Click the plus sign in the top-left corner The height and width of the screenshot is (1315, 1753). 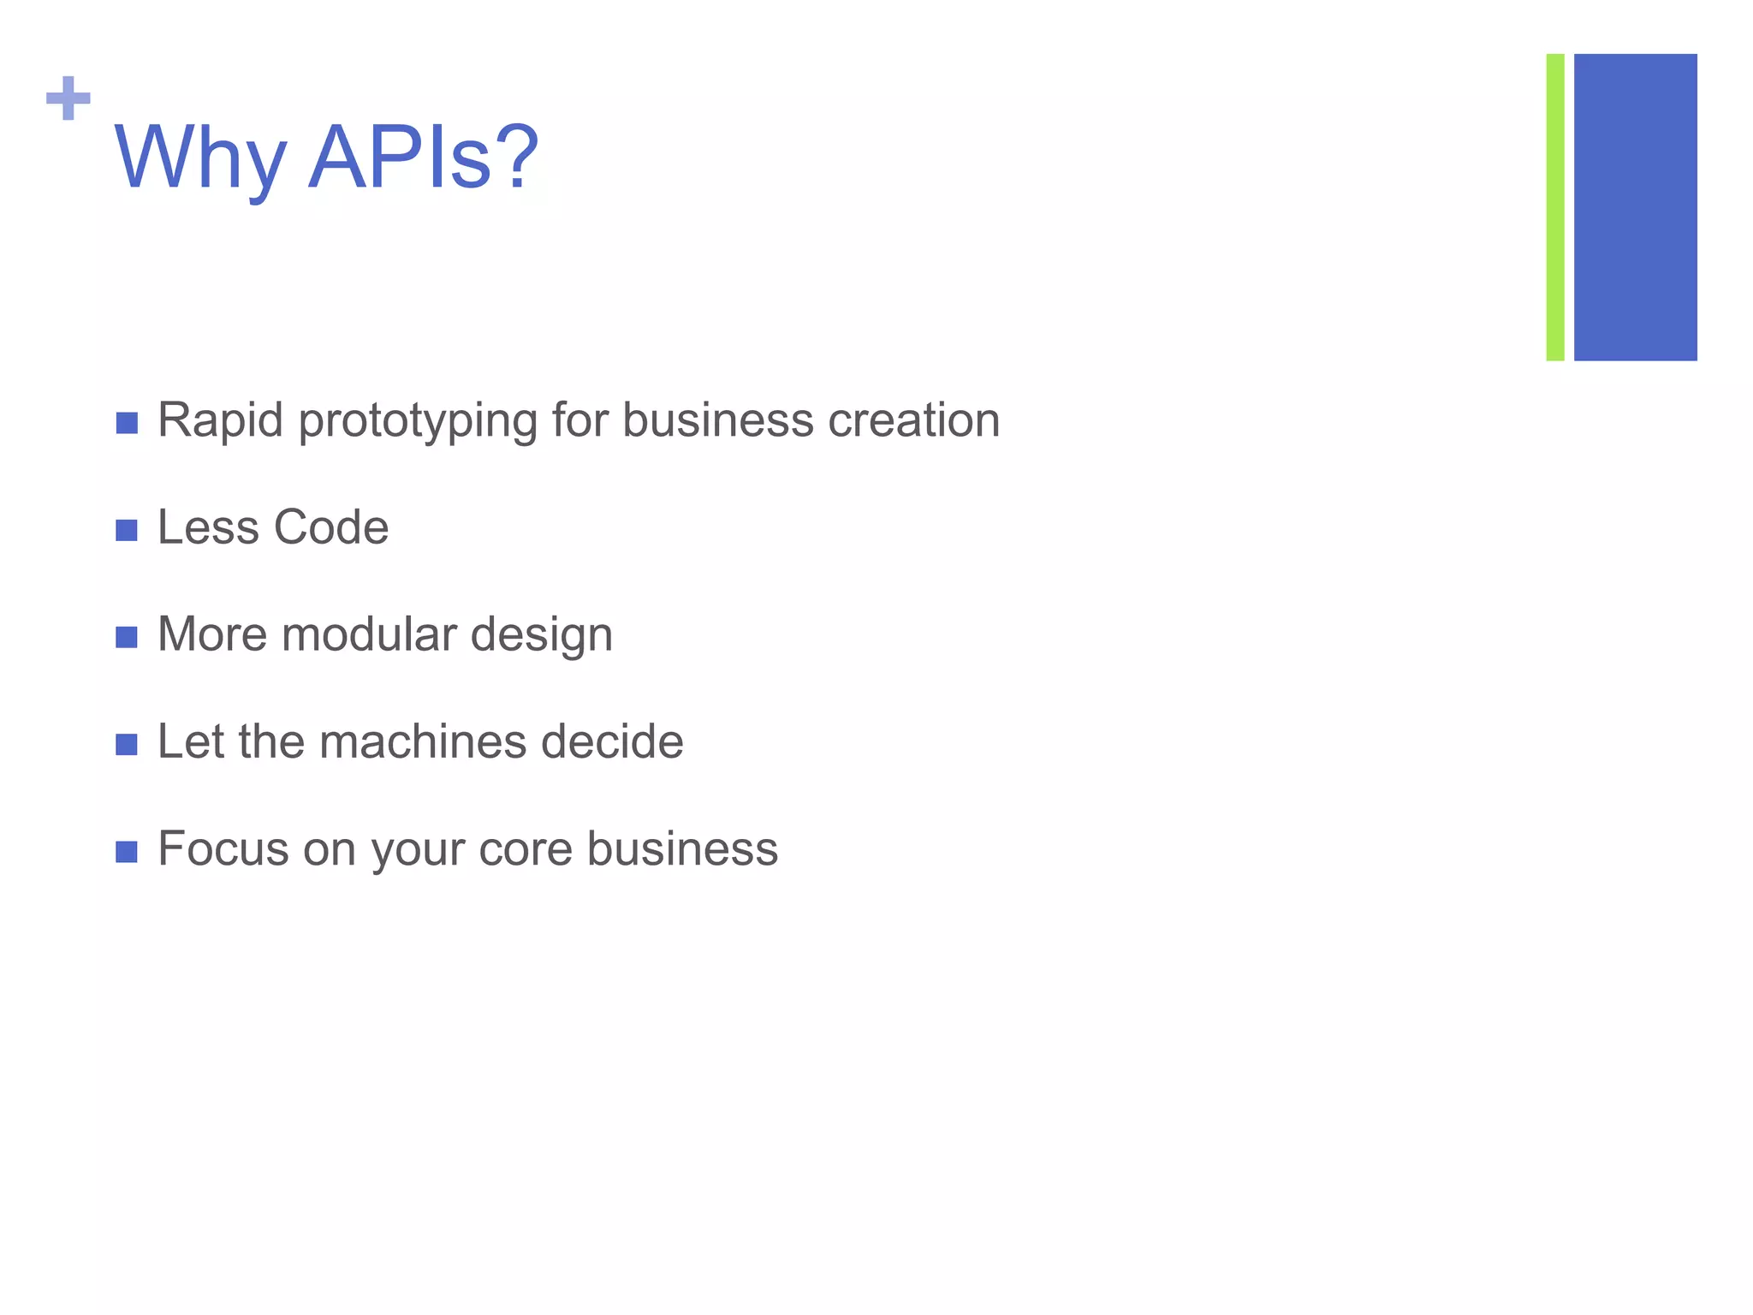point(68,98)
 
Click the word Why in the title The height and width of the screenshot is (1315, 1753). point(199,158)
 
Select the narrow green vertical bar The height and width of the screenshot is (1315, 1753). point(1554,207)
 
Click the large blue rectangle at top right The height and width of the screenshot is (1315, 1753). point(1635,207)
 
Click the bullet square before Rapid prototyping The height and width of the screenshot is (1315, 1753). point(127,423)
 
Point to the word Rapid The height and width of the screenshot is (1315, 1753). point(220,420)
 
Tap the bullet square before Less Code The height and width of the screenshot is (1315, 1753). point(127,530)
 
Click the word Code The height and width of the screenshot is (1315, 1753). point(331,527)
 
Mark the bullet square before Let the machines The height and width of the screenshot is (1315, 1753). point(127,744)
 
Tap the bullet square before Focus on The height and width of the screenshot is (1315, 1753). point(127,852)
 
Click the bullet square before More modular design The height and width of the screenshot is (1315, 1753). point(127,637)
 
